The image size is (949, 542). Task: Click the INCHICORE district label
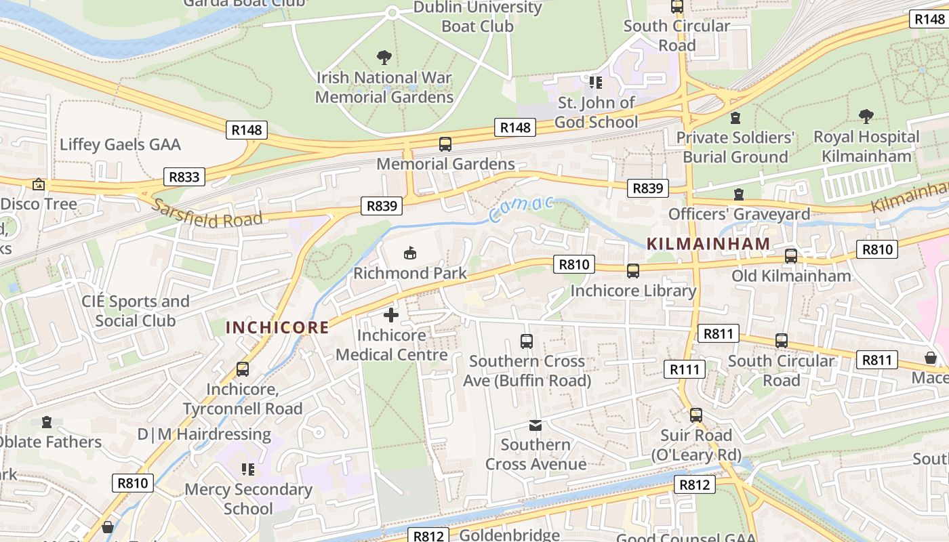tap(277, 328)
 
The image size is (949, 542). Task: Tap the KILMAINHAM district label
tap(708, 243)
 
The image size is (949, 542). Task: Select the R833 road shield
tap(184, 178)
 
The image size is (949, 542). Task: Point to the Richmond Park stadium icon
tap(409, 253)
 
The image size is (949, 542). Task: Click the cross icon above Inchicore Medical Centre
tap(391, 315)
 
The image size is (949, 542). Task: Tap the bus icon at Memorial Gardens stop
tap(445, 144)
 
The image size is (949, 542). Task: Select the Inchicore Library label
tap(633, 291)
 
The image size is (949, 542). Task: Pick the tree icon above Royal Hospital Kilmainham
tap(866, 117)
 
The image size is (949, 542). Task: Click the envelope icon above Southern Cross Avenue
tap(536, 425)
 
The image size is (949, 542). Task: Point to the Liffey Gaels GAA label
tap(120, 144)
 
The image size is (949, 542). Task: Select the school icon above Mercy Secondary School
tap(248, 469)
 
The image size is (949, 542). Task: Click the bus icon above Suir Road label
tap(696, 415)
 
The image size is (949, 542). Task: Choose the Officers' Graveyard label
tap(739, 214)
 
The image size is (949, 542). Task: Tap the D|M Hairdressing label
tap(204, 434)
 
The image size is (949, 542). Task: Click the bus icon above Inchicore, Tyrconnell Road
tap(243, 369)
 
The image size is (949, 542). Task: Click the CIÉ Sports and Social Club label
tap(136, 311)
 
